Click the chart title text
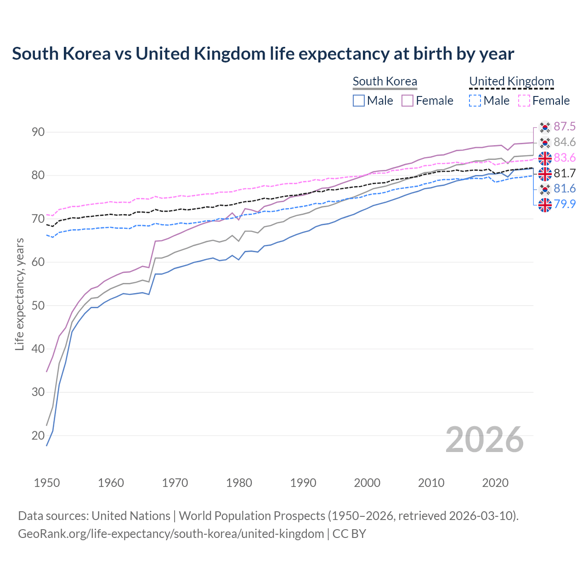[x=263, y=54]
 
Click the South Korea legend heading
[x=384, y=81]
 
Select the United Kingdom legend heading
[x=511, y=81]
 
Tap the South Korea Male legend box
[x=359, y=101]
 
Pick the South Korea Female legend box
[x=407, y=101]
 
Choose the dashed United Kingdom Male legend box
[x=475, y=101]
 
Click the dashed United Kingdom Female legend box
[x=524, y=101]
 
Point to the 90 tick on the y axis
[x=38, y=132]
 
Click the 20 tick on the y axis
[x=38, y=435]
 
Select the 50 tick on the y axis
[x=38, y=305]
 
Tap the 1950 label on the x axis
[x=47, y=483]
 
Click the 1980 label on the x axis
[x=239, y=483]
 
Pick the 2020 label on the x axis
[x=495, y=483]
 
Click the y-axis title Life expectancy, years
[x=20, y=294]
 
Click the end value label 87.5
[x=565, y=127]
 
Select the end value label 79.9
[x=565, y=204]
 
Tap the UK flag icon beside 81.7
[x=545, y=174]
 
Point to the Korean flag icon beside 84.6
[x=545, y=142]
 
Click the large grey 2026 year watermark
[x=484, y=440]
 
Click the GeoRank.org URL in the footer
[x=171, y=534]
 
